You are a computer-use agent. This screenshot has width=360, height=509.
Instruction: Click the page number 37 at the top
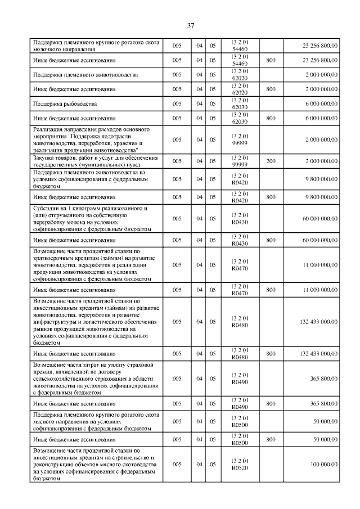click(x=190, y=26)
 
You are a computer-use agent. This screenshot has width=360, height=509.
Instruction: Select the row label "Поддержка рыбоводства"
click(x=65, y=104)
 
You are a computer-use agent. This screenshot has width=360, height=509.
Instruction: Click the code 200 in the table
click(x=271, y=161)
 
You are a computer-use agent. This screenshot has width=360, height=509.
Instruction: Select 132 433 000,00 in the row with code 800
click(x=316, y=354)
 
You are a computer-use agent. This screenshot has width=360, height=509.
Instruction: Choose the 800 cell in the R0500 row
click(x=271, y=439)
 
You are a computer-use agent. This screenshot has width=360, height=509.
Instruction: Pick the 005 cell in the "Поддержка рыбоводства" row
click(x=177, y=104)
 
